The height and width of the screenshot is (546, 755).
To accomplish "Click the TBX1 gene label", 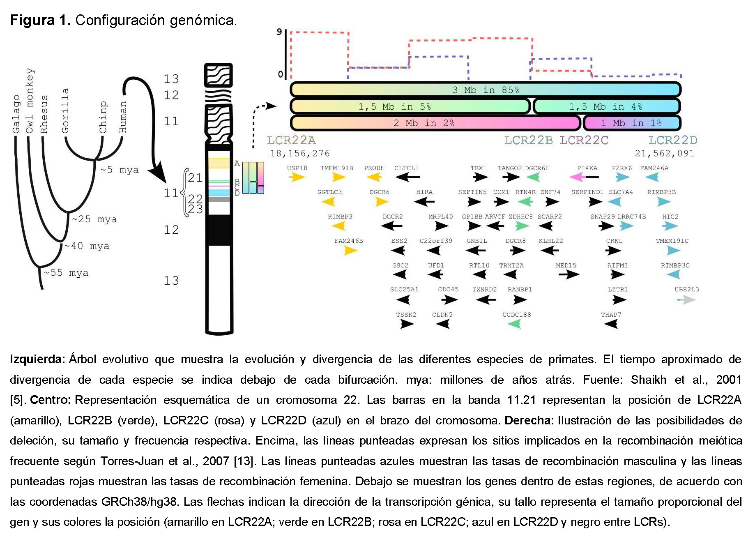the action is (479, 168).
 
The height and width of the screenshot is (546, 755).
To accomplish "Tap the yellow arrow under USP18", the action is (297, 177).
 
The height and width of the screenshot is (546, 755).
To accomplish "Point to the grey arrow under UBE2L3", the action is (687, 300).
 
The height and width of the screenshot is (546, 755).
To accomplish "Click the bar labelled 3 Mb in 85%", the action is (486, 90).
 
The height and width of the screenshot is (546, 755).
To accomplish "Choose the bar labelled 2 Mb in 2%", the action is (435, 123).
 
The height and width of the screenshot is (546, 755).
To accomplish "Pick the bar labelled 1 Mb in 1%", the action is (632, 123).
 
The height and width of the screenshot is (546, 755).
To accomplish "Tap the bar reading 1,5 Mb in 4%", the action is (607, 106).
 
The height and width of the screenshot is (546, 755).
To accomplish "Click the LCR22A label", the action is (291, 141).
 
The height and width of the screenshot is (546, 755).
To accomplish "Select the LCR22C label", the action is (584, 141).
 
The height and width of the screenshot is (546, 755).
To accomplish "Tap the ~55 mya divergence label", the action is (66, 273).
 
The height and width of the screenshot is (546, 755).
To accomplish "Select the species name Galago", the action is (16, 114).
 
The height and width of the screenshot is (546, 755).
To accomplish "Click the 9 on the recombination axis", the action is (279, 32).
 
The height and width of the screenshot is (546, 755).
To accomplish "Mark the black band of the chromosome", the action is (219, 230).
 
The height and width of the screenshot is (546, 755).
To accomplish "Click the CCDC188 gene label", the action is (516, 315).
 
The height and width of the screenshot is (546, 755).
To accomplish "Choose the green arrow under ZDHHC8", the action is (522, 226).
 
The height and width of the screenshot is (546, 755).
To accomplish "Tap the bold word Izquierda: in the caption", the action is (37, 359).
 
